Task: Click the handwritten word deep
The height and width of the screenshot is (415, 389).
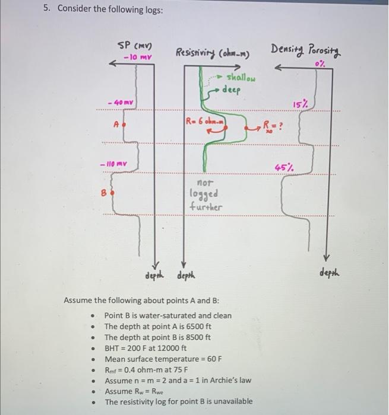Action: click(232, 90)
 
